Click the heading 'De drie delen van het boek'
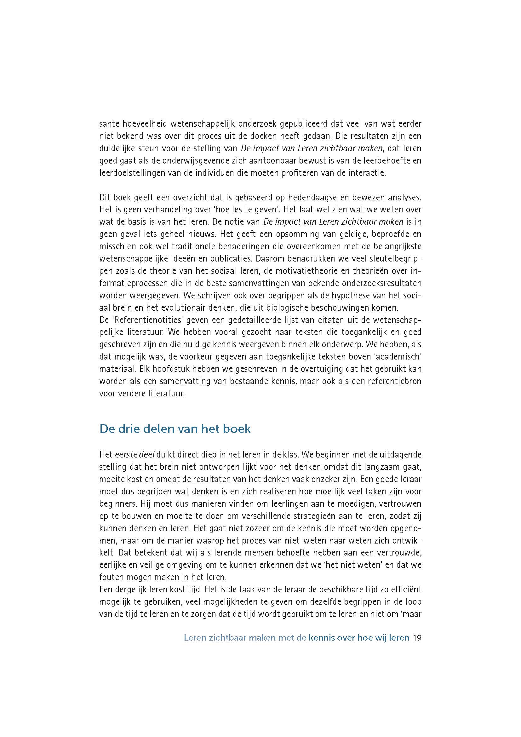(175, 429)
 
